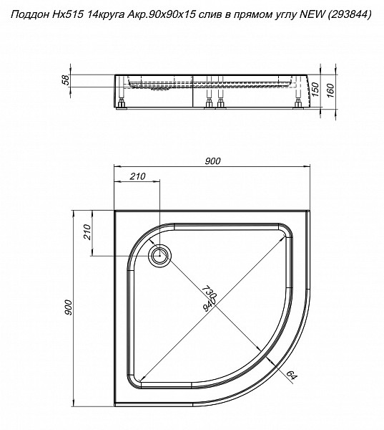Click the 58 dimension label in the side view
point(65,80)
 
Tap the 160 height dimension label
point(330,91)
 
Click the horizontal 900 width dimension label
point(212,161)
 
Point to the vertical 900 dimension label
point(68,307)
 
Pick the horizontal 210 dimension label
point(137,176)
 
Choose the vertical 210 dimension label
point(87,232)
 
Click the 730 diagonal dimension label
point(210,292)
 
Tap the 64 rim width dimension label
point(292,375)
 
